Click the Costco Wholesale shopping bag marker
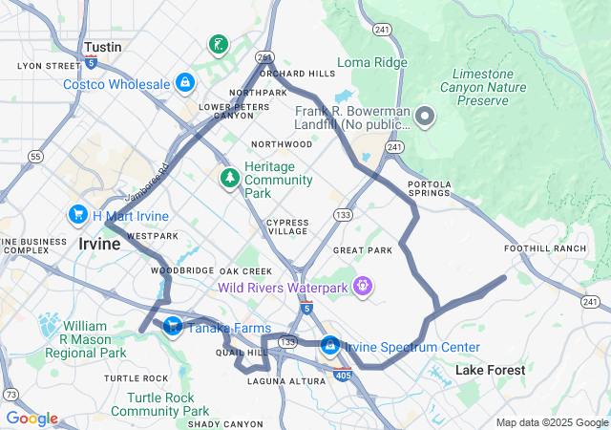click(184, 84)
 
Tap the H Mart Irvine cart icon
click(78, 216)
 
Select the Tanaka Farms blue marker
click(172, 328)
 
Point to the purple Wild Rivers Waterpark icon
click(363, 286)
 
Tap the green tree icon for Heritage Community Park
click(229, 179)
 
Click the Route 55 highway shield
click(35, 156)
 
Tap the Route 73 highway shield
click(11, 394)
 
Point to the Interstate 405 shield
click(343, 379)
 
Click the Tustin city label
click(102, 47)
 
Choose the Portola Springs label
click(429, 188)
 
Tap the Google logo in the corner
click(32, 419)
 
